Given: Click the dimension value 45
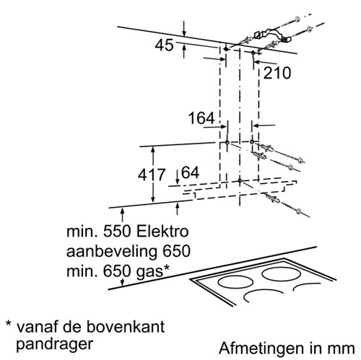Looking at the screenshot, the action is coord(164,45).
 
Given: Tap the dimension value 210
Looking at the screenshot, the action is coord(277,73).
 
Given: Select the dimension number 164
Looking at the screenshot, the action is coord(201,118).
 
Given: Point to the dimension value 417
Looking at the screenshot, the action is coord(152,175).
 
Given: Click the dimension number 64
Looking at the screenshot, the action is coord(190,172).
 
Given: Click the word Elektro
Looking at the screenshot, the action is coord(162,232).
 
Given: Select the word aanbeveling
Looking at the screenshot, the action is coord(112,252).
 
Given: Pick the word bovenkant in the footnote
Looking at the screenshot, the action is coord(126,327).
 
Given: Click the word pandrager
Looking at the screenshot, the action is coord(54,344).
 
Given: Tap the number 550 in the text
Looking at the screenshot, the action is coord(117,232).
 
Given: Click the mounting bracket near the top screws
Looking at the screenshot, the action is coord(272,35).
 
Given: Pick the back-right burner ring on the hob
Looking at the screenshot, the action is coord(282,273).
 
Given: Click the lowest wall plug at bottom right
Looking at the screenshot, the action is coord(273,198).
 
